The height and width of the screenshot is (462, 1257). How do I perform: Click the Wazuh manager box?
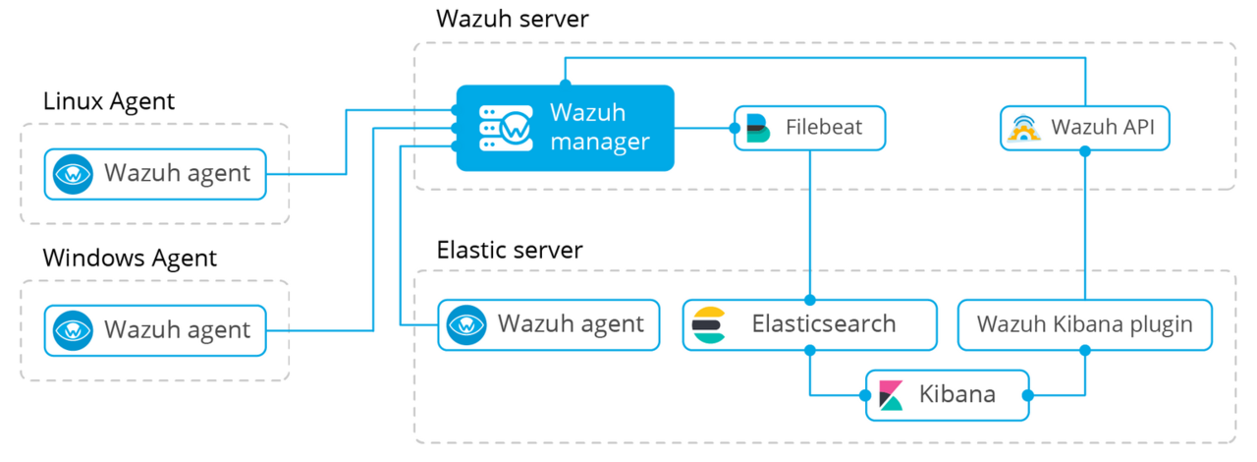(565, 128)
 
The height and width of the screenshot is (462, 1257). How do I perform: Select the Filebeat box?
(811, 128)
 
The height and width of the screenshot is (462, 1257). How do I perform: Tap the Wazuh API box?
(1085, 128)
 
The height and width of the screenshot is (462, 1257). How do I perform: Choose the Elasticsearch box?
(810, 324)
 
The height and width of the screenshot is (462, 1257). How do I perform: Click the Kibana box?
(947, 395)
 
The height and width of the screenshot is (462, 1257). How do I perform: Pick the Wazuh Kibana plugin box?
(1084, 324)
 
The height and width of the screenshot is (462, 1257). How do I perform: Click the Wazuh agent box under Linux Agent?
(155, 174)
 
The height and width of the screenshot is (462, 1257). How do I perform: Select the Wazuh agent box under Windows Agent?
(155, 329)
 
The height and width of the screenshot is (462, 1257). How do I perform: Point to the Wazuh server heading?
(513, 19)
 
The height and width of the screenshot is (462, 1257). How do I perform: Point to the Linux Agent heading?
(109, 100)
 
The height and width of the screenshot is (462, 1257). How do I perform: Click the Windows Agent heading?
(130, 259)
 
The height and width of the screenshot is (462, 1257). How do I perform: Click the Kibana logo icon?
(892, 395)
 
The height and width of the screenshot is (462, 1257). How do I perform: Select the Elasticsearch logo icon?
(708, 324)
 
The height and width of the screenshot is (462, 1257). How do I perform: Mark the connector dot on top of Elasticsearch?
(810, 300)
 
